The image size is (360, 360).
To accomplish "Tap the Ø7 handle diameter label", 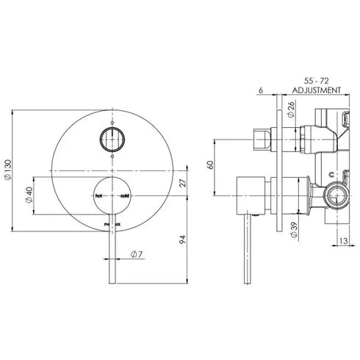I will pyautogui.click(x=136, y=254).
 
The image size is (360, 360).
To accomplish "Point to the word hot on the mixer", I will pyautogui.click(x=98, y=196).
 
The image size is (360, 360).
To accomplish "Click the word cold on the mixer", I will pyautogui.click(x=123, y=196).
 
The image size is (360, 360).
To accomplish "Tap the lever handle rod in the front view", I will pyautogui.click(x=110, y=257).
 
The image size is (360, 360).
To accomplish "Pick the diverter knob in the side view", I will pyautogui.click(x=259, y=139).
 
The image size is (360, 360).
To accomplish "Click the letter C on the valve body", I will pyautogui.click(x=334, y=173).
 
